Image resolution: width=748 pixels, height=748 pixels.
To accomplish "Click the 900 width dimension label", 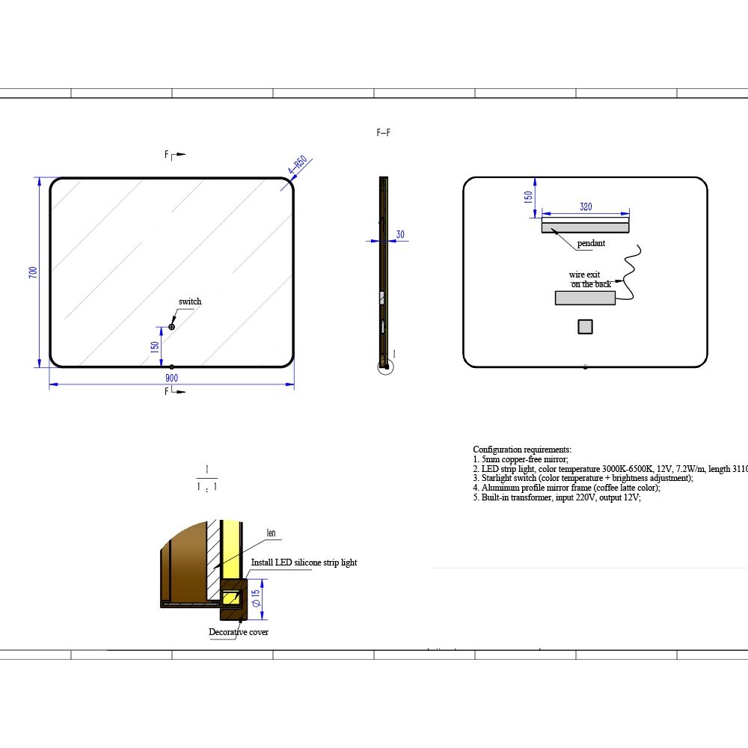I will pyautogui.click(x=171, y=378).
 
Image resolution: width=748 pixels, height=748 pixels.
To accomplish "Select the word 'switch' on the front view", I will pyautogui.click(x=190, y=301).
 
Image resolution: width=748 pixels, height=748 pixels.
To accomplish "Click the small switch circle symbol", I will pyautogui.click(x=171, y=327).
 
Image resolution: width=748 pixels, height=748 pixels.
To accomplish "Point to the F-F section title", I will pyautogui.click(x=383, y=133).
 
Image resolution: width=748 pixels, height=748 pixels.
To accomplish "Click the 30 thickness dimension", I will pyautogui.click(x=400, y=234).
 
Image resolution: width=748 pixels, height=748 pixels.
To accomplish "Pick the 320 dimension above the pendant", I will pyautogui.click(x=586, y=207).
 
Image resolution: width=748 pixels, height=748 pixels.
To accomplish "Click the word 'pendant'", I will pyautogui.click(x=591, y=244).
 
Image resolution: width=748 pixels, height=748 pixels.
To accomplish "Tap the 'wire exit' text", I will pyautogui.click(x=584, y=275).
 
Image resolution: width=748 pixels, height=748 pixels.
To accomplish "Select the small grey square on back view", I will pyautogui.click(x=585, y=326).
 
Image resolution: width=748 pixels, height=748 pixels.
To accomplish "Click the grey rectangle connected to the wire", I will pyautogui.click(x=585, y=298).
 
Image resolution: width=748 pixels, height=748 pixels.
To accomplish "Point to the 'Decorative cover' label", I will pyautogui.click(x=239, y=632).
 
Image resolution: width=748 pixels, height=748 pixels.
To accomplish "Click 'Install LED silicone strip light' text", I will pyautogui.click(x=304, y=562).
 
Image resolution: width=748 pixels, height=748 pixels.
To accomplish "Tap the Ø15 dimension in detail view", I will pyautogui.click(x=255, y=598).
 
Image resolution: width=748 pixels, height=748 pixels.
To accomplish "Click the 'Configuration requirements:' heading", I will pyautogui.click(x=522, y=449).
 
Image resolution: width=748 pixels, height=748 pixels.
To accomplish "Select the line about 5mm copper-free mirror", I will pyautogui.click(x=521, y=459).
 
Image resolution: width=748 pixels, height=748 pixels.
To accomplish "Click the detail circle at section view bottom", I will pyautogui.click(x=385, y=366).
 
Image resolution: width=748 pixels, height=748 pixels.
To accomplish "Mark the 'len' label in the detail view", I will pyautogui.click(x=271, y=533).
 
